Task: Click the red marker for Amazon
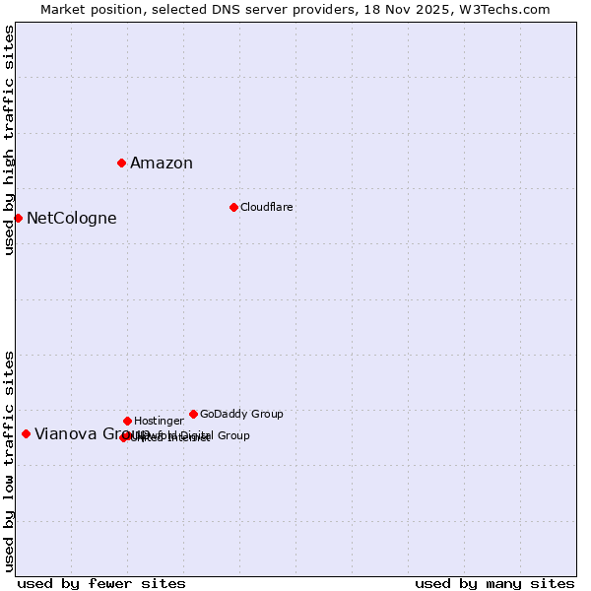tap(121, 163)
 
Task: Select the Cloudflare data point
tap(233, 207)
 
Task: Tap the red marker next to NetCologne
tap(18, 218)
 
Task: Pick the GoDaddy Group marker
tap(193, 414)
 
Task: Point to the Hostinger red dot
tap(127, 421)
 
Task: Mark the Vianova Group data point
tap(26, 433)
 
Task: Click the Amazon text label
tap(162, 164)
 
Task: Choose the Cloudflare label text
tap(266, 208)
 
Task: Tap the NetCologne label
tap(71, 219)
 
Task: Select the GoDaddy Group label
tap(241, 415)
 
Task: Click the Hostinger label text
tap(159, 422)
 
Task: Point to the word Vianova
tap(65, 434)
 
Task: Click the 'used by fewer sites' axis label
tap(101, 584)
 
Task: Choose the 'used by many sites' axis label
tap(494, 584)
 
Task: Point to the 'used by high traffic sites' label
tap(10, 140)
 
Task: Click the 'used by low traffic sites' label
tap(10, 460)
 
